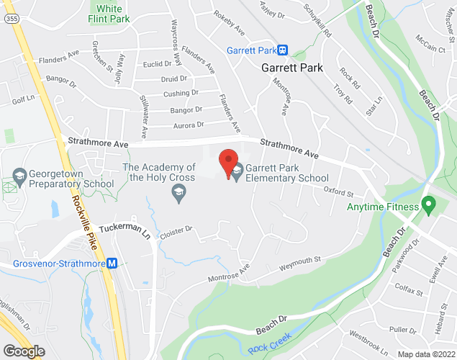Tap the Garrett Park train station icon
point(284,50)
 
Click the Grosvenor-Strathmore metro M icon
point(112,264)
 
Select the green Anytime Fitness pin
point(429,207)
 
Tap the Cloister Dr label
point(178,230)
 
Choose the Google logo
point(23,351)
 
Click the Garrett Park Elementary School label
point(286,174)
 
